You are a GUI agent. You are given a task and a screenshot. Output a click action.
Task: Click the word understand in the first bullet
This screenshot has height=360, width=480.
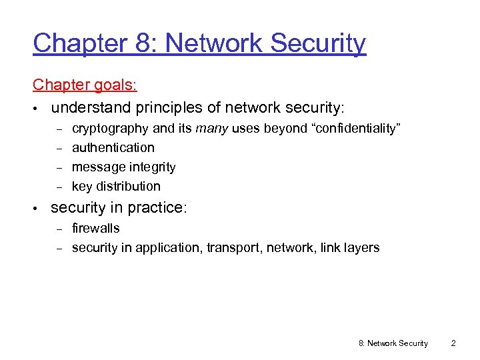tap(91, 107)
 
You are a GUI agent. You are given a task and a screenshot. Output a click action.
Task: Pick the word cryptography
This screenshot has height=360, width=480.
tap(111, 128)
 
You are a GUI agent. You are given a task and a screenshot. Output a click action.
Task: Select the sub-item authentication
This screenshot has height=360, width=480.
tap(113, 147)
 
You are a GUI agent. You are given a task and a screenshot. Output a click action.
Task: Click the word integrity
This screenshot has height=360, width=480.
tap(151, 167)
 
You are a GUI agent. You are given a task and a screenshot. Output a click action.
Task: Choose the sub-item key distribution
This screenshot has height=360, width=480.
tap(116, 186)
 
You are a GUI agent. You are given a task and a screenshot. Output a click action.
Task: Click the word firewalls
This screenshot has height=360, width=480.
tap(95, 228)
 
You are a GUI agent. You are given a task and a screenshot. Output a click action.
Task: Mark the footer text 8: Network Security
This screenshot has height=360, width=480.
tap(393, 343)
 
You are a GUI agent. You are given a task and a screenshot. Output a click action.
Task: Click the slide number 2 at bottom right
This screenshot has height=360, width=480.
tap(453, 343)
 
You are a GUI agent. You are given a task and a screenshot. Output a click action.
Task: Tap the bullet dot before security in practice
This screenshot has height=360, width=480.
tap(36, 208)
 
